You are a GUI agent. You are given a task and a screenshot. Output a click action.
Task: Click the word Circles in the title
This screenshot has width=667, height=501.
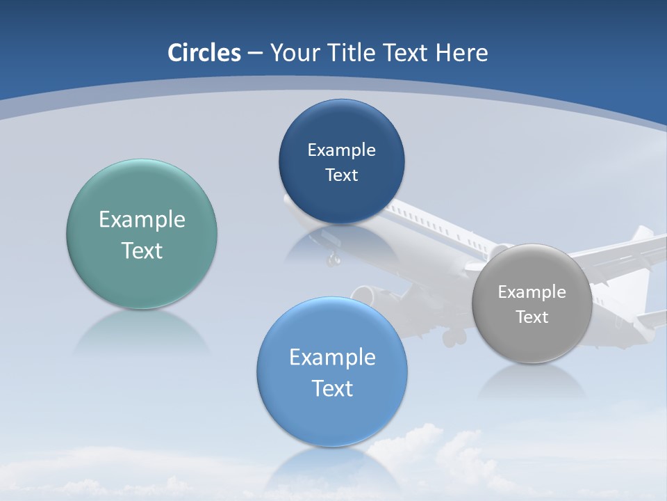pyautogui.click(x=204, y=53)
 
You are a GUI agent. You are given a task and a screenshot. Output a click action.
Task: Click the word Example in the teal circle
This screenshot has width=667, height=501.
pyautogui.click(x=142, y=220)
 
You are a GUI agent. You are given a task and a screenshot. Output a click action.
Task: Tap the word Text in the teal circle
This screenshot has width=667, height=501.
pyautogui.click(x=142, y=250)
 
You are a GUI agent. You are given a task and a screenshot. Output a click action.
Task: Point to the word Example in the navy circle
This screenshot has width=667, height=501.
pyautogui.click(x=341, y=150)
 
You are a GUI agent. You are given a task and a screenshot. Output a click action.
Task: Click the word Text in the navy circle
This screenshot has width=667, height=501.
pyautogui.click(x=341, y=175)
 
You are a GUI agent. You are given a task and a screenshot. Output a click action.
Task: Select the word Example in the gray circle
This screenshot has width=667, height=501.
pyautogui.click(x=532, y=292)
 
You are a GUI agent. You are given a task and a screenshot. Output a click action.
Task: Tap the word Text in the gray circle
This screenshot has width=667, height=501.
pyautogui.click(x=532, y=317)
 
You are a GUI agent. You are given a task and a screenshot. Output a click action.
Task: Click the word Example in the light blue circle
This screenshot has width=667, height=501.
pyautogui.click(x=332, y=358)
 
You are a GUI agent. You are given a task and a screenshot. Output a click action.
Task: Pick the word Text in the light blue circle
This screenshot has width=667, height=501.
pyautogui.click(x=332, y=388)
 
